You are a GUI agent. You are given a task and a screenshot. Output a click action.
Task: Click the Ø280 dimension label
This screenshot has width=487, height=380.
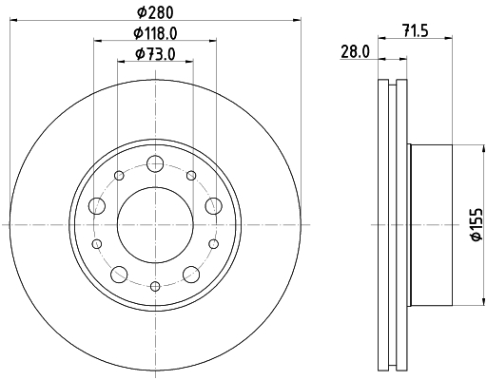155,12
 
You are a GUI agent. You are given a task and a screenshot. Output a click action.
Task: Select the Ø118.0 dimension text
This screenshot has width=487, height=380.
155,33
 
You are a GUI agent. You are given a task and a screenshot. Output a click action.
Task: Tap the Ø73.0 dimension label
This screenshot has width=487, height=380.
155,54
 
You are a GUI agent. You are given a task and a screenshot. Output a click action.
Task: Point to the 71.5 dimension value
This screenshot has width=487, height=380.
416,31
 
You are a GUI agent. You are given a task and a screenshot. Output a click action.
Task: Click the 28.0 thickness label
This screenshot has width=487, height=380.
355,52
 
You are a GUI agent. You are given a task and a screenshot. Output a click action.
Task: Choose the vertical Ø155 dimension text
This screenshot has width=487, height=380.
477,224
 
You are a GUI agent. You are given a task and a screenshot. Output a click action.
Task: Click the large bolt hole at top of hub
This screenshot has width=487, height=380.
155,163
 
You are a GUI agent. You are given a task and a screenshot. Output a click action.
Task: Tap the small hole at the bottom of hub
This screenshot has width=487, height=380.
155,286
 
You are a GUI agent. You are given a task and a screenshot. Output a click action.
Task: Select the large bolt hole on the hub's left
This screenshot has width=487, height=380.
97,206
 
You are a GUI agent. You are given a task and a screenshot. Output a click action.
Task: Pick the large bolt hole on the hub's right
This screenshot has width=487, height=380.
213,206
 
